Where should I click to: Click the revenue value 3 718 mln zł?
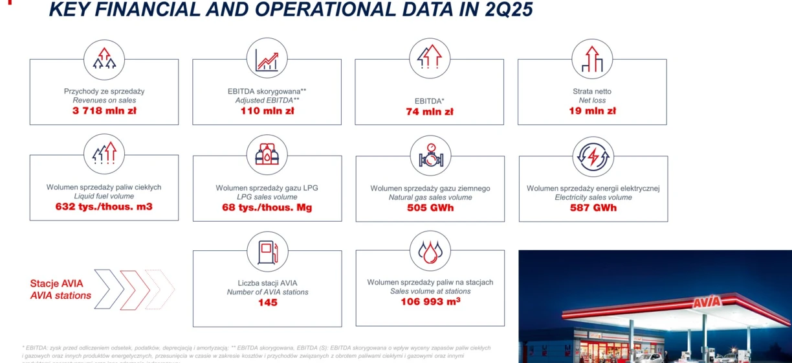(x=104, y=111)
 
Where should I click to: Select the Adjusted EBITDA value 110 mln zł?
(x=267, y=111)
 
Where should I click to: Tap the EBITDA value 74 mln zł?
(x=430, y=111)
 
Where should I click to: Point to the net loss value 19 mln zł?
(x=592, y=111)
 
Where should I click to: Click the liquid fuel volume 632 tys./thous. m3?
(x=104, y=207)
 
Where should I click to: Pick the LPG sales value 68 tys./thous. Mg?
(x=267, y=207)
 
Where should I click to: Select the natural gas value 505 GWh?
(x=430, y=208)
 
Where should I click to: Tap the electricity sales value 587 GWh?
(x=593, y=208)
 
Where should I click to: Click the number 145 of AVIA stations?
(x=267, y=303)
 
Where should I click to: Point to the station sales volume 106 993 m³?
(x=430, y=301)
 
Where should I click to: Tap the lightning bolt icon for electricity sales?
(x=593, y=157)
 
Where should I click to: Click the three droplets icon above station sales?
(x=430, y=251)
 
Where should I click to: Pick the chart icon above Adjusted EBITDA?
(x=267, y=58)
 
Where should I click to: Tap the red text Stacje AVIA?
(x=57, y=284)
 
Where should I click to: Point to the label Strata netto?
(x=592, y=91)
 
